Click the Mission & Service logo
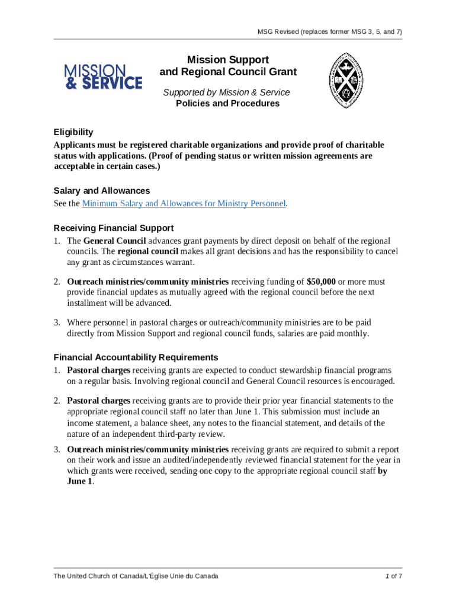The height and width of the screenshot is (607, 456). point(103,76)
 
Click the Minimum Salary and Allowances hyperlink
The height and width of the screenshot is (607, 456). point(184,203)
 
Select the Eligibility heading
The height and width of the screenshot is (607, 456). point(73,132)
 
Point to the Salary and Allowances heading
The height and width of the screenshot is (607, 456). point(101,191)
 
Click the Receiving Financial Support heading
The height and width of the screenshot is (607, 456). point(113,228)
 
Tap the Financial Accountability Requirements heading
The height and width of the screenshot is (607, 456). point(136,357)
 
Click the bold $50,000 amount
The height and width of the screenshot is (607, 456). point(321,282)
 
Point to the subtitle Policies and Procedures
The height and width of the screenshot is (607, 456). point(227,103)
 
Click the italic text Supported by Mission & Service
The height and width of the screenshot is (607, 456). point(227,92)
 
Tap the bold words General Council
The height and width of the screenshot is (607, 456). point(114,241)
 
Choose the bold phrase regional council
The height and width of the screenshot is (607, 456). point(152,252)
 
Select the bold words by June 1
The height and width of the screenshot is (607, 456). point(382,471)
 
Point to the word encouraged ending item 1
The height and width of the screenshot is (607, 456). point(370,381)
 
